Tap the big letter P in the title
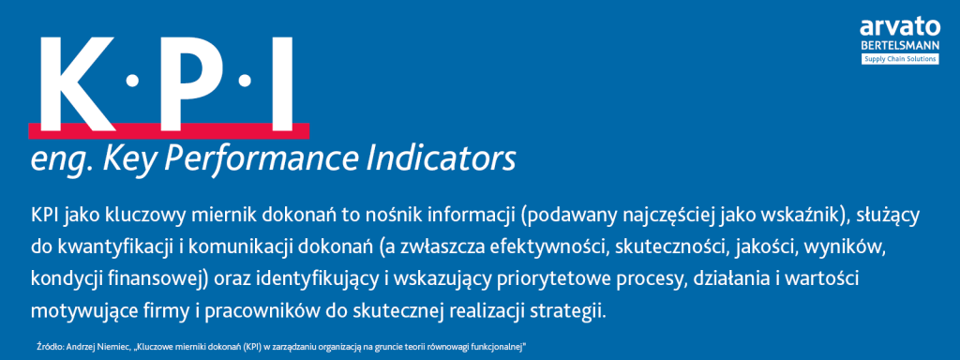[x=183, y=82]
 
